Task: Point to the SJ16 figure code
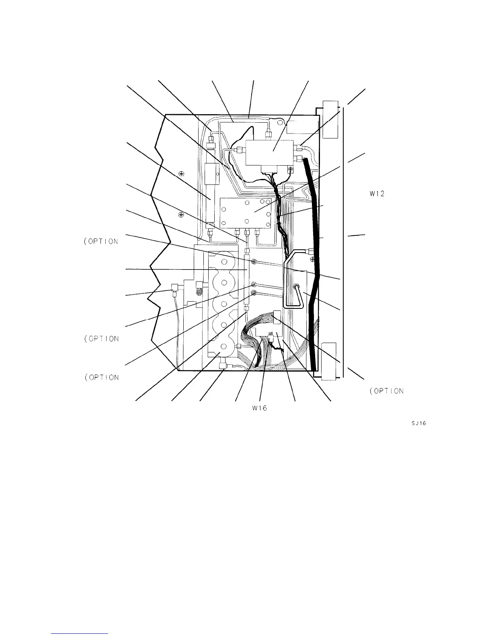coord(418,423)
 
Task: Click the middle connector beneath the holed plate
coord(246,232)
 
